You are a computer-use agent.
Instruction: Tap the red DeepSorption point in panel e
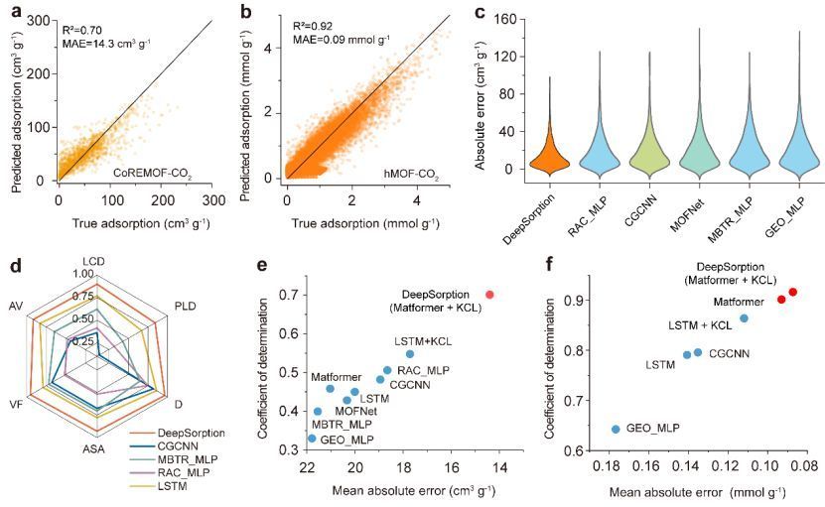click(x=489, y=295)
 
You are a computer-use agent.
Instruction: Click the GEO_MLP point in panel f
click(x=616, y=429)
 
